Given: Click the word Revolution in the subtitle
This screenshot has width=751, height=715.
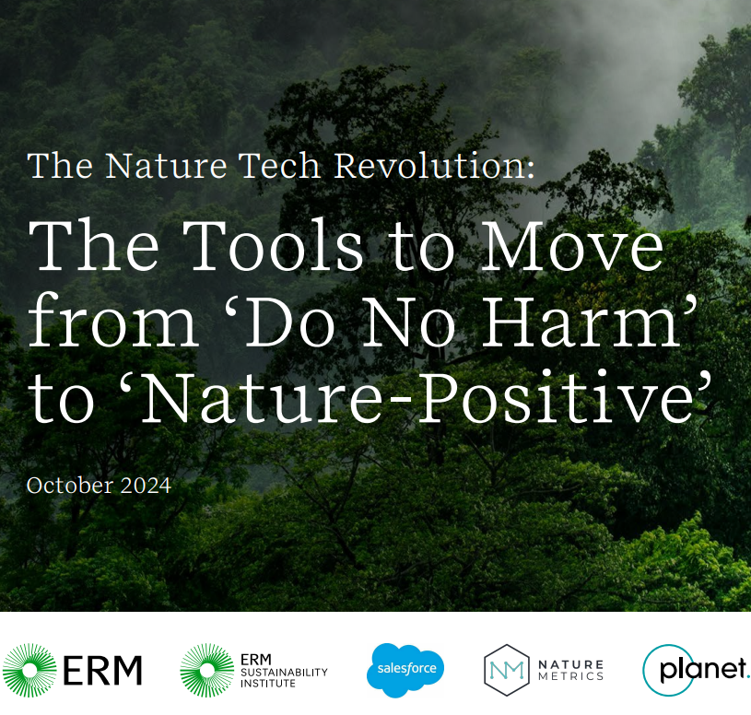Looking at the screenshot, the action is pos(434,166).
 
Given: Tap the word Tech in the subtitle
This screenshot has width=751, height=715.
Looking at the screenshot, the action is pos(279,166).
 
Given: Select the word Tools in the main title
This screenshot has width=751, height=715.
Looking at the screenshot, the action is pos(273,245).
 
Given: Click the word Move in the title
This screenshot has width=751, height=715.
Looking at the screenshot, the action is pos(572,245).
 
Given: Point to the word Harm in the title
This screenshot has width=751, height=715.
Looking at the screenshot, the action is pos(581,321).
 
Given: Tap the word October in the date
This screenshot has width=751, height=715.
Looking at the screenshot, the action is pos(70,486).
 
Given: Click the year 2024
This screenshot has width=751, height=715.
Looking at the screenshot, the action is pos(146,486).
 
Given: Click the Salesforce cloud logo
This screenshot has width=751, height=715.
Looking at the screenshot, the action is pos(405,670).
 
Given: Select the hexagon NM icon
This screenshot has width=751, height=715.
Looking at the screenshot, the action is pos(507,670).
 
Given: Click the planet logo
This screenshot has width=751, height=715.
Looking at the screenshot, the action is pos(696,670).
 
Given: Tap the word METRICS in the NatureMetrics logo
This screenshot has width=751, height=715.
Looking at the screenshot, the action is pos(571,676).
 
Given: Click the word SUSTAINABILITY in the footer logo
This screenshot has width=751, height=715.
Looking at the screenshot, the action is pos(284,673).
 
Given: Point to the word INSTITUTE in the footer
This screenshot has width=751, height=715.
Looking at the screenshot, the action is pos(268,684).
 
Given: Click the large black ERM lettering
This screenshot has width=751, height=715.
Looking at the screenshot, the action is pos(102,671).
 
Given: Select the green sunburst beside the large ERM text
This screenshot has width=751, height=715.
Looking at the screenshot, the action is pos(29,670).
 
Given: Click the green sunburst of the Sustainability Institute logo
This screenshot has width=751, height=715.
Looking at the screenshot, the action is pos(207,670).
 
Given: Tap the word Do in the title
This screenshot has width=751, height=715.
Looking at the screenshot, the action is pos(292,321).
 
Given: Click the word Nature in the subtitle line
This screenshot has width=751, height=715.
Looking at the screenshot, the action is pos(166,166).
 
